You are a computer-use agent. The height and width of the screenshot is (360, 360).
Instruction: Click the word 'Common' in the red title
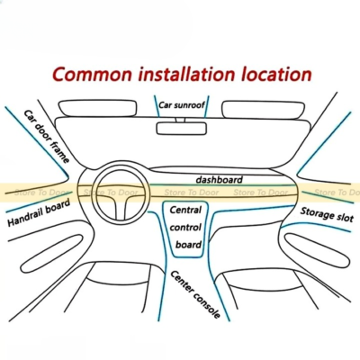click(x=92, y=74)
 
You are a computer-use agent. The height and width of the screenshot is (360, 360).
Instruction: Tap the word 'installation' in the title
click(x=186, y=74)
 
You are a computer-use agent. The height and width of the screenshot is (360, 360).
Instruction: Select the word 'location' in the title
click(x=276, y=74)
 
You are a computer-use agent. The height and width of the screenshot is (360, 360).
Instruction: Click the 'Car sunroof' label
click(x=182, y=105)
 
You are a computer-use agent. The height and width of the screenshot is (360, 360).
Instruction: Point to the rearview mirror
click(x=182, y=129)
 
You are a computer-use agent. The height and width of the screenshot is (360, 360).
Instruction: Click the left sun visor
click(x=97, y=108)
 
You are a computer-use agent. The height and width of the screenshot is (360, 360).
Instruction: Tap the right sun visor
click(x=263, y=110)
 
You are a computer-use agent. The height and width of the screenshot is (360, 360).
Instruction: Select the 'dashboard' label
click(x=219, y=180)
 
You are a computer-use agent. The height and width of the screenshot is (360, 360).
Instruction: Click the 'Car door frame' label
click(x=47, y=137)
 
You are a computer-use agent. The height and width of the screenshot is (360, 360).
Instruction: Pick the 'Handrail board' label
click(x=39, y=212)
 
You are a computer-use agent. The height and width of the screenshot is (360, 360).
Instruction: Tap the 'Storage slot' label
click(x=327, y=214)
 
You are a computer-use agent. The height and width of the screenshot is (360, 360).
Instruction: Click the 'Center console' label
click(x=195, y=294)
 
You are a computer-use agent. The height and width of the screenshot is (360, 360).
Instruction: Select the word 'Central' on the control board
click(x=185, y=210)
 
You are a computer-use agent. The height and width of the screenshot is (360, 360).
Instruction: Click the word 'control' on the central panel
click(x=185, y=227)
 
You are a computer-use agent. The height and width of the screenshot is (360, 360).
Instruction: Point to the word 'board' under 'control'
click(x=188, y=245)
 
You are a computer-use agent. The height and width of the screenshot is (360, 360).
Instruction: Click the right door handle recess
click(x=317, y=250)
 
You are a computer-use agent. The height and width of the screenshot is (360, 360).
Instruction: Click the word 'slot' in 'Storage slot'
click(x=345, y=217)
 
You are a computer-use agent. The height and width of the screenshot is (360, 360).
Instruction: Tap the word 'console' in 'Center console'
click(x=206, y=304)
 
